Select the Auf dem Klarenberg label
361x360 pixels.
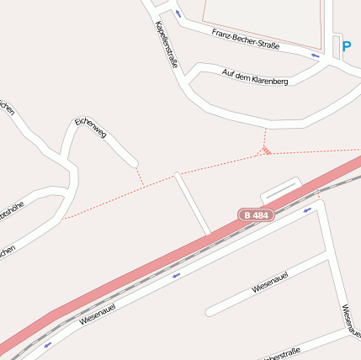pyautogui.click(x=255, y=77)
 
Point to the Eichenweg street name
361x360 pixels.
pyautogui.click(x=90, y=128)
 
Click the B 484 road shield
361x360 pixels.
pyautogui.click(x=256, y=215)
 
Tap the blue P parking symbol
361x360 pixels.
pyautogui.click(x=346, y=46)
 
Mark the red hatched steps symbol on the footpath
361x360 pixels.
pyautogui.click(x=266, y=151)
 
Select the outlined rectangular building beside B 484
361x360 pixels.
pyautogui.click(x=281, y=189)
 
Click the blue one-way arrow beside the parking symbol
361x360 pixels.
pyautogui.click(x=316, y=56)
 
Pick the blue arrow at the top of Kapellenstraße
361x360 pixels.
pyautogui.click(x=178, y=13)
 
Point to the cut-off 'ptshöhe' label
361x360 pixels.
pyautogui.click(x=11, y=208)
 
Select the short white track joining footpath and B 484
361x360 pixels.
pyautogui.click(x=193, y=204)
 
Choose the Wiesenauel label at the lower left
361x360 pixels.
pyautogui.click(x=97, y=315)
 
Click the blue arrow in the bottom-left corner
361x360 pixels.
pyautogui.click(x=47, y=344)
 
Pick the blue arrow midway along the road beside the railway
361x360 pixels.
pyautogui.click(x=176, y=274)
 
